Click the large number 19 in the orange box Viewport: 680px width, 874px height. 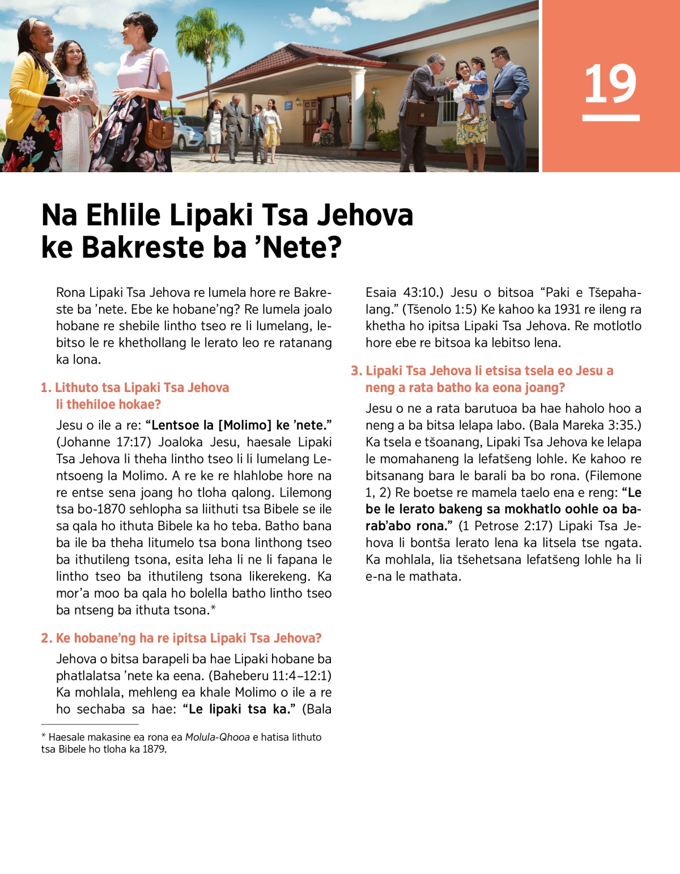coord(610,84)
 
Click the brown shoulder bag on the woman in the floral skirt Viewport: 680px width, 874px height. coord(159,133)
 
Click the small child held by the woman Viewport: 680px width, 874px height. coord(477,85)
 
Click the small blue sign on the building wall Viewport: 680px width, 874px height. coord(288,104)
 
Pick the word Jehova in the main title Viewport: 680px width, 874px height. coord(364,215)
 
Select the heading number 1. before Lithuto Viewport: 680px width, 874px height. coord(46,388)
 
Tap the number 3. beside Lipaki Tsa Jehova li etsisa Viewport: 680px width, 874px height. coord(356,371)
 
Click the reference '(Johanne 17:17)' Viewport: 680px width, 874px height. coord(104,442)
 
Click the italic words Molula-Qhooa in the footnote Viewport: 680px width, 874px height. coord(217,737)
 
